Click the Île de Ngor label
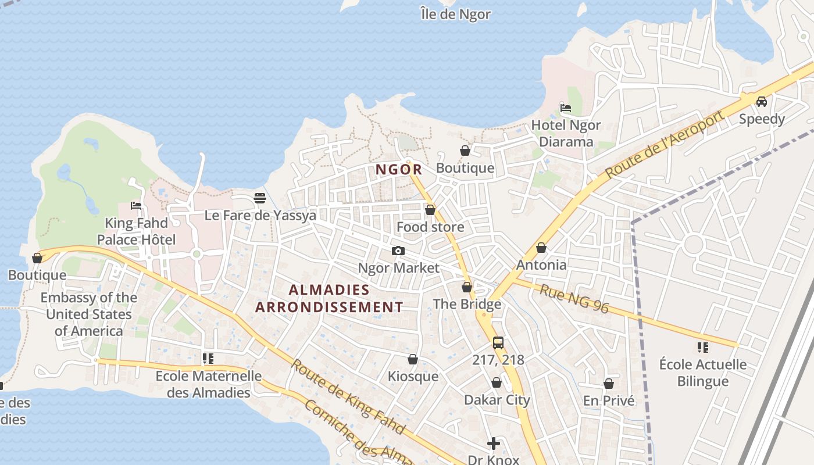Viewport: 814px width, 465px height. click(x=455, y=14)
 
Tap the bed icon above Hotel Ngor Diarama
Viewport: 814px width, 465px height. click(x=565, y=108)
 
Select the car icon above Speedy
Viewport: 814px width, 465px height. click(x=761, y=102)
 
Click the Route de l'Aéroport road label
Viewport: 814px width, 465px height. click(x=665, y=145)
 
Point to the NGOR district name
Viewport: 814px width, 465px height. click(x=398, y=170)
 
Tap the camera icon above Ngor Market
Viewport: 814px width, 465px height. click(x=398, y=251)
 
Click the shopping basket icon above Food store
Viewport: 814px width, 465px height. click(x=430, y=210)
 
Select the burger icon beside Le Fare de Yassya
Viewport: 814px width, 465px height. click(x=260, y=198)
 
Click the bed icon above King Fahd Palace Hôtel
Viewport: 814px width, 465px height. click(x=136, y=206)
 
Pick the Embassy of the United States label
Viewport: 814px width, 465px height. click(x=89, y=314)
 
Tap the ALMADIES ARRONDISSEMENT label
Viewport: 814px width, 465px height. click(x=329, y=298)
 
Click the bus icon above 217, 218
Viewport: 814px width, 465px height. click(x=498, y=342)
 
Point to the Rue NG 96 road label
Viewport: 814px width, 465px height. click(x=574, y=299)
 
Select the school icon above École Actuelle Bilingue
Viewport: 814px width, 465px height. click(x=702, y=348)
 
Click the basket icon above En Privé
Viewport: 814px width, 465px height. click(x=609, y=384)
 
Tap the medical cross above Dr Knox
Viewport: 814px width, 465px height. click(x=493, y=443)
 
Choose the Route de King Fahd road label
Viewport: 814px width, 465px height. click(x=347, y=396)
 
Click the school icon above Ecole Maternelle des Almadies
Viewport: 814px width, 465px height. click(x=208, y=359)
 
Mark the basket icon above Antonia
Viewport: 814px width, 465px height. click(x=541, y=248)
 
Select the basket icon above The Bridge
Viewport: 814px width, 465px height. click(x=467, y=287)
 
